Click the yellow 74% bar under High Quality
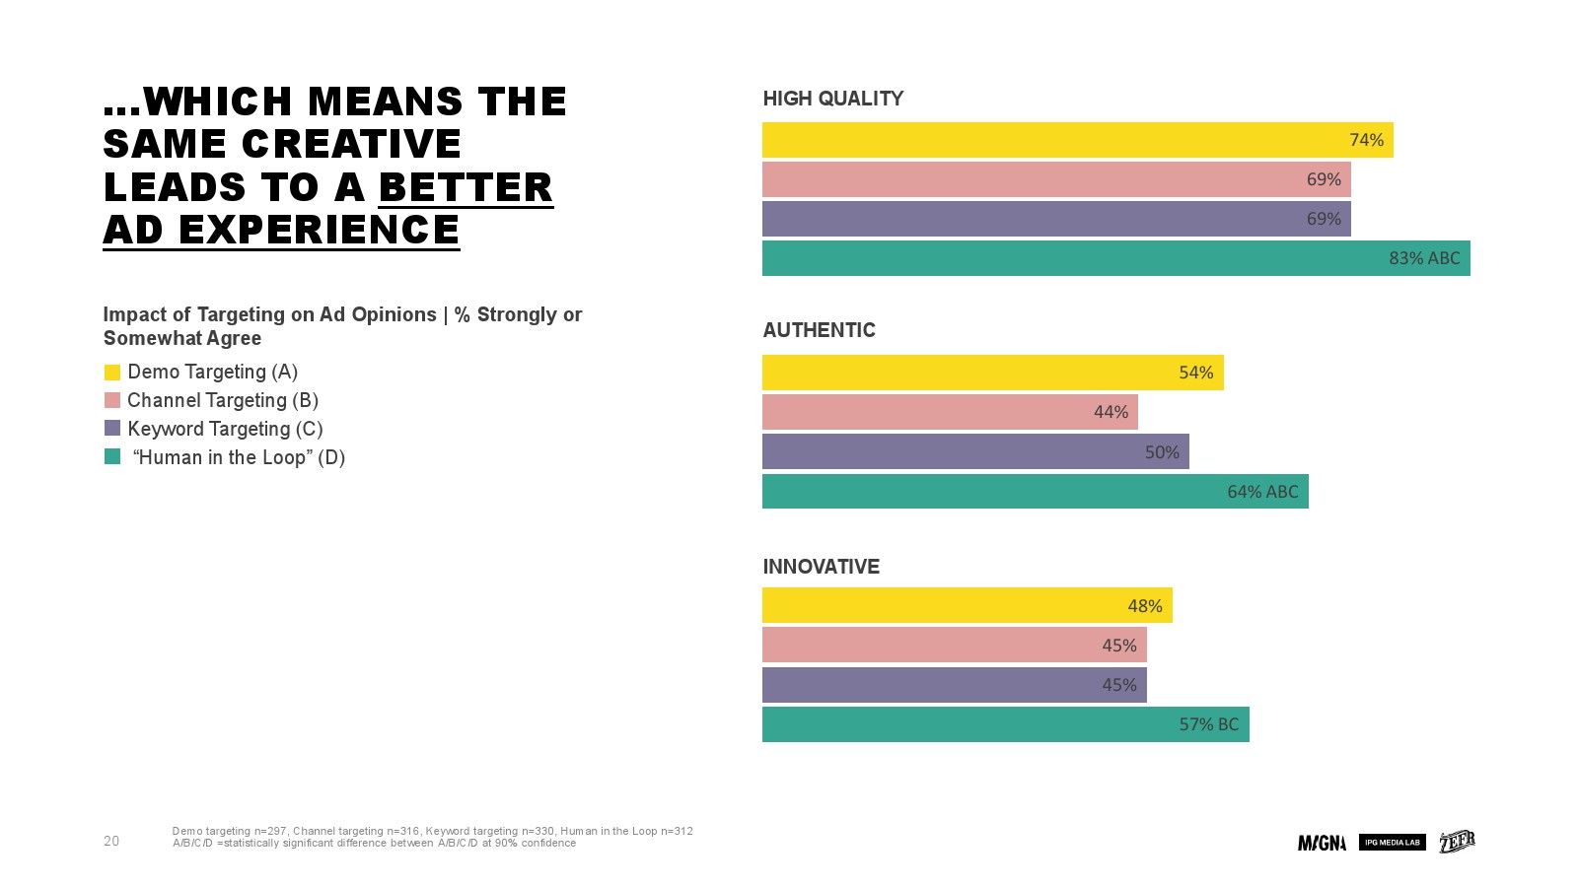pos(1077,140)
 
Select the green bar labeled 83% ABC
pos(1115,258)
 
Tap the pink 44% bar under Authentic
pos(950,412)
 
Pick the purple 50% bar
pos(975,451)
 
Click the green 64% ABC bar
pos(1035,492)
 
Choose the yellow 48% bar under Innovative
pos(967,605)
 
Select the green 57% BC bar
pos(1005,724)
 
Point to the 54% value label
pos(1195,373)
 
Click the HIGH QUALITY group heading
pos(832,99)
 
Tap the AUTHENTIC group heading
pos(819,330)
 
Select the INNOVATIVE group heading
pos(821,567)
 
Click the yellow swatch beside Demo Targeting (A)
pos(112,373)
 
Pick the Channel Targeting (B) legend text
pos(223,400)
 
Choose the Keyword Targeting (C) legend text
pos(225,429)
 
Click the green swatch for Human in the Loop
pos(112,457)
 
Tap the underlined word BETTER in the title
pos(466,187)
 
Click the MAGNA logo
pos(1322,843)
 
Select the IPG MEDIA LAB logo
pos(1392,843)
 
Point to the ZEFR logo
pos(1457,842)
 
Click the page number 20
pos(111,841)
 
